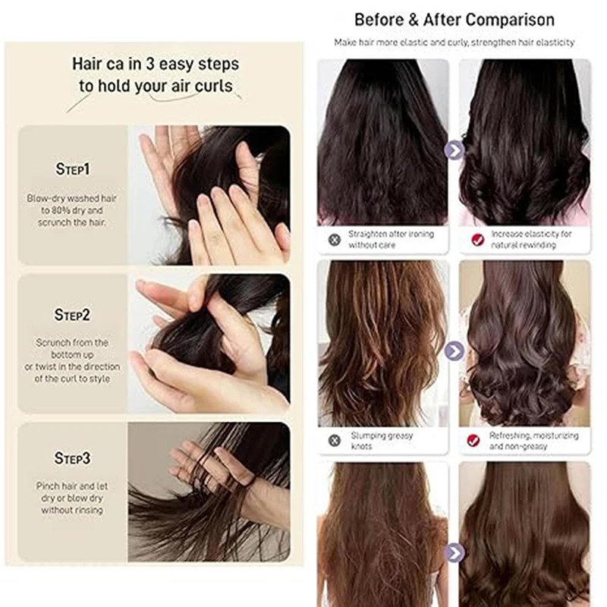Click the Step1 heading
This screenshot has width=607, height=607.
[72, 168]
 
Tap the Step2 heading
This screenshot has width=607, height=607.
[72, 315]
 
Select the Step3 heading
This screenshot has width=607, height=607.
[72, 458]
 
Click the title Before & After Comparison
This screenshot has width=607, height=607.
[454, 20]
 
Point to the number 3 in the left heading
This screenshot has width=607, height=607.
[150, 64]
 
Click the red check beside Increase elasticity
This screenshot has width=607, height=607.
[478, 240]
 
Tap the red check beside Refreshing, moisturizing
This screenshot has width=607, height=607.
[473, 441]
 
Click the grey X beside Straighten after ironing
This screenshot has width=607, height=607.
[335, 240]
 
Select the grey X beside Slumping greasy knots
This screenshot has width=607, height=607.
[335, 441]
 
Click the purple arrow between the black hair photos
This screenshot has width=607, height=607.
[454, 150]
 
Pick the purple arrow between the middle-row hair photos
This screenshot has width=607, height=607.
[454, 351]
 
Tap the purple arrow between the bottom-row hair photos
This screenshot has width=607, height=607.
[454, 552]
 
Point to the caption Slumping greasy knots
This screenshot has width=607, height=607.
[382, 441]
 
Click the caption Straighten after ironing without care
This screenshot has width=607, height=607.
[391, 239]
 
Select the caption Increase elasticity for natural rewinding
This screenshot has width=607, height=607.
[531, 239]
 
